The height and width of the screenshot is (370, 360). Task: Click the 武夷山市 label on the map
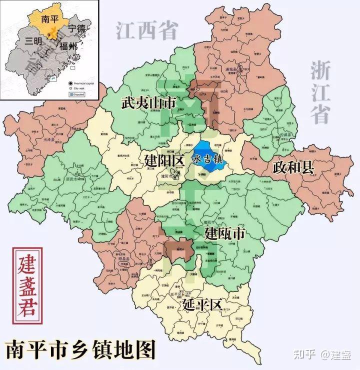click(148, 103)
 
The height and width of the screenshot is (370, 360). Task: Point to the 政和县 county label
click(293, 167)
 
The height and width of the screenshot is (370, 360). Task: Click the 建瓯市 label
click(224, 233)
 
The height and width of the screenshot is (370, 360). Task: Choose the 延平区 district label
click(202, 304)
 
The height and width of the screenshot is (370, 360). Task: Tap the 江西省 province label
click(147, 31)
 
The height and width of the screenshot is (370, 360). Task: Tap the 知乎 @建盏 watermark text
click(323, 355)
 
